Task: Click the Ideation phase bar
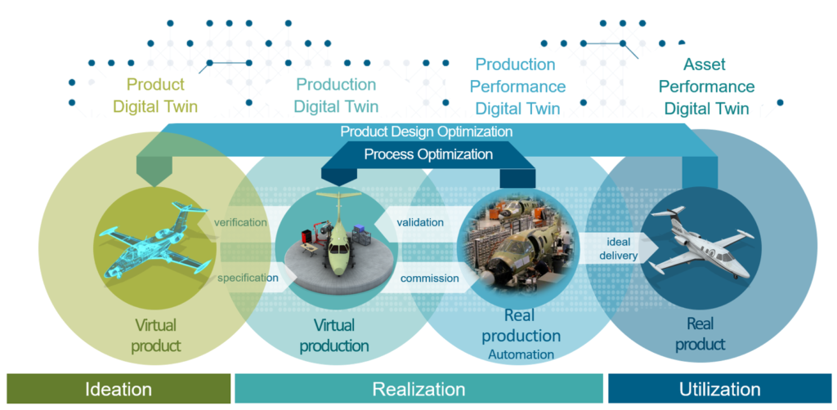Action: (x=119, y=389)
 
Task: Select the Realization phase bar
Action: (x=418, y=389)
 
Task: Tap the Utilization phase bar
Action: (x=719, y=389)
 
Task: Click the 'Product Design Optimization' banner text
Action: (x=427, y=131)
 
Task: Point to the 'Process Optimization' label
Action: (x=428, y=154)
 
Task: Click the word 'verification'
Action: (x=239, y=222)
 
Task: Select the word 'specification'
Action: (x=248, y=278)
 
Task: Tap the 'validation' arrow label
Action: (x=420, y=222)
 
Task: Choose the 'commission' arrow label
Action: (x=429, y=279)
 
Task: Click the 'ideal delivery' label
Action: (x=618, y=248)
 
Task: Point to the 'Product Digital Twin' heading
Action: (x=155, y=96)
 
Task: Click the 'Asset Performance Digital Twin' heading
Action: (x=706, y=87)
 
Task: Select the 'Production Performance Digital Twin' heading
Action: (x=517, y=87)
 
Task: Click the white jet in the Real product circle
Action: (x=700, y=243)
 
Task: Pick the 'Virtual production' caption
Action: (x=334, y=336)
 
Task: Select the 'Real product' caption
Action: (x=700, y=333)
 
